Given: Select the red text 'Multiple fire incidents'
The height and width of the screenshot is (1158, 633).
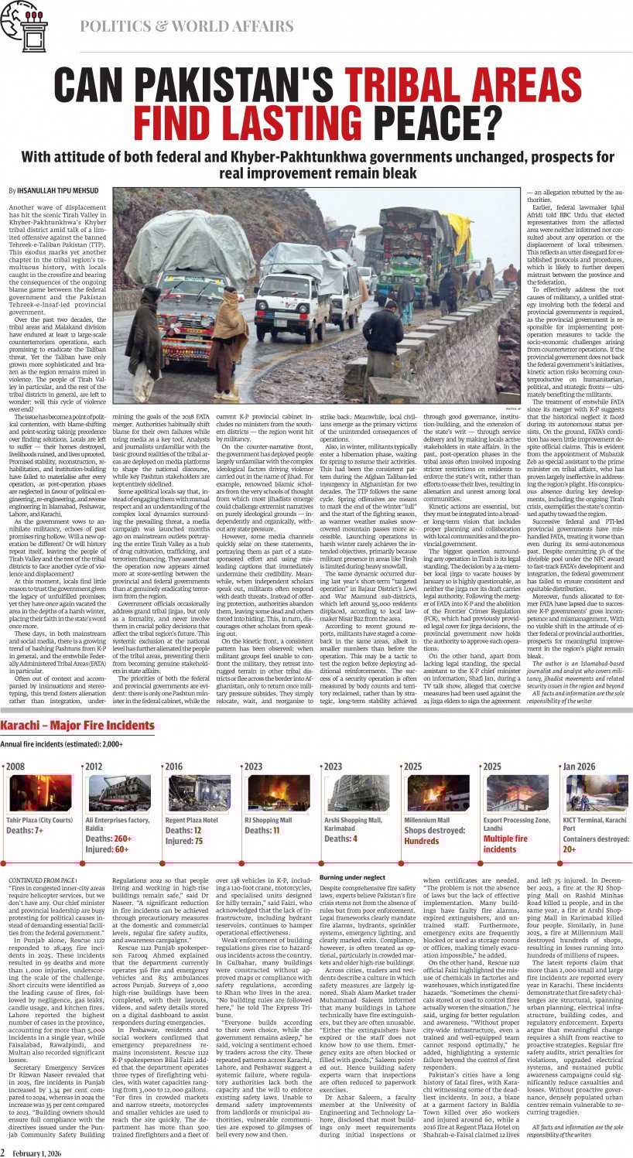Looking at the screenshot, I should coord(506,843).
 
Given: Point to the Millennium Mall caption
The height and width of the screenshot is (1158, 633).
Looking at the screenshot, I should coord(426,820).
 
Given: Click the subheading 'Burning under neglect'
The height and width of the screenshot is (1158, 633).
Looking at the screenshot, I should coord(352,877).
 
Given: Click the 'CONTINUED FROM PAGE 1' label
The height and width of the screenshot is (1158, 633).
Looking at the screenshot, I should coord(43,881).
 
